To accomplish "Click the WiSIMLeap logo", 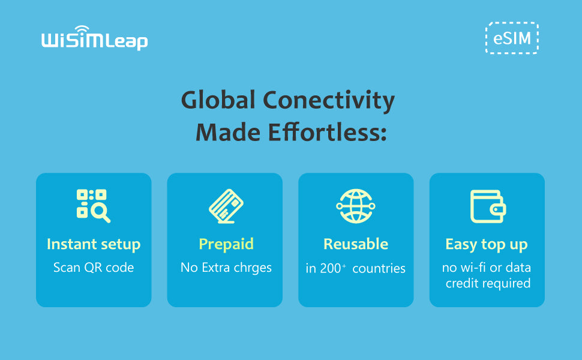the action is coord(95,38).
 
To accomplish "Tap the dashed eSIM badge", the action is coord(512,38).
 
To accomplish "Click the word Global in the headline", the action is coord(218,100).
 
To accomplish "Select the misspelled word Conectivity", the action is coord(329,101).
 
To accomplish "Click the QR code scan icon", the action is coord(94,206).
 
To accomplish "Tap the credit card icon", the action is coord(226,206).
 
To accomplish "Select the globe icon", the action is coord(356,206).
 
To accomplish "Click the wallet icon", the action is coord(488,206).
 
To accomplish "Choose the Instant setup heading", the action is coord(94,244).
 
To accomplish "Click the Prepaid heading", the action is coord(226,245).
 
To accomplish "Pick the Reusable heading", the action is coord(356,244).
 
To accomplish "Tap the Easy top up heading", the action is coord(486,245).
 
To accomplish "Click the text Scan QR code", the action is coord(94,267).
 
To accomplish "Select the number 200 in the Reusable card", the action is coord(331,268).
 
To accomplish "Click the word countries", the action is coord(379,269).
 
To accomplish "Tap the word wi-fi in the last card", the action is coord(473,267).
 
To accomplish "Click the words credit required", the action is coord(488,283).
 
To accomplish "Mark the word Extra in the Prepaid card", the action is coord(215,267).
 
